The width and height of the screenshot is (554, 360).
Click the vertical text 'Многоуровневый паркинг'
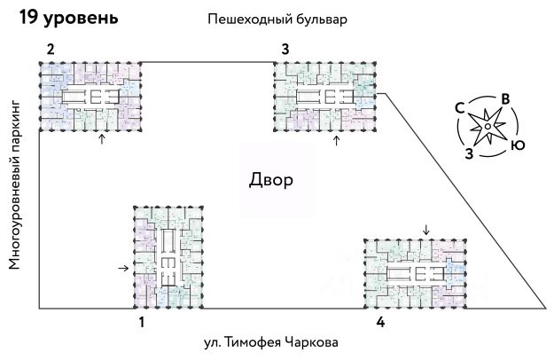coord(15,185)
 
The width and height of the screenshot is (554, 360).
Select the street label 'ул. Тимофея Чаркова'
coord(269,342)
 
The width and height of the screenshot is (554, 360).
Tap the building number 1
coord(141,323)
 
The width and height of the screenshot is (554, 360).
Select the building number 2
coord(51,49)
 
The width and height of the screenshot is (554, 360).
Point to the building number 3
coord(285,49)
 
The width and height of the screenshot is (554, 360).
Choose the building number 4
coord(380,323)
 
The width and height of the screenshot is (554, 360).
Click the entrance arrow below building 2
coord(101,139)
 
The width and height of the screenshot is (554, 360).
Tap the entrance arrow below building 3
coord(335,140)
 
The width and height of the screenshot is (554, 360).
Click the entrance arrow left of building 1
coord(123,267)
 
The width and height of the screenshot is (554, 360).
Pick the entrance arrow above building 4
coord(427,231)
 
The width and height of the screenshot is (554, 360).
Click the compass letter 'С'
coord(460,108)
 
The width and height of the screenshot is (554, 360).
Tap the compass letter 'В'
coord(504,99)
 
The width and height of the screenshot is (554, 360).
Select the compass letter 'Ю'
coord(518,145)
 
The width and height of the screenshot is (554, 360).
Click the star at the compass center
coord(488,127)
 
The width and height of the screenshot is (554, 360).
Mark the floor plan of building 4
coord(416,274)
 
